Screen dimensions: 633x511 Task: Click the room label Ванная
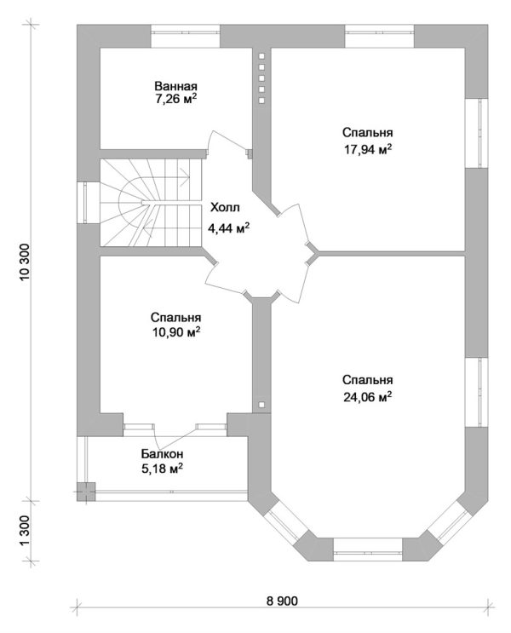pyautogui.click(x=176, y=86)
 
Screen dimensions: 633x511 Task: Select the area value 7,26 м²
pyautogui.click(x=176, y=100)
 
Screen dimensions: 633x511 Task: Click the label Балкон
pyautogui.click(x=162, y=454)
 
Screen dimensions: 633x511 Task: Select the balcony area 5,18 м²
pyautogui.click(x=162, y=468)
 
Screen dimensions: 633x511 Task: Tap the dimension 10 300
pyautogui.click(x=24, y=263)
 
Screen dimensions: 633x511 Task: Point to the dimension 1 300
pyautogui.click(x=24, y=532)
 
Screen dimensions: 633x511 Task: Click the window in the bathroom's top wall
pyautogui.click(x=186, y=37)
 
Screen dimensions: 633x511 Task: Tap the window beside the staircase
pyautogui.click(x=88, y=204)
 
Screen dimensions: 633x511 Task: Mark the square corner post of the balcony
pyautogui.click(x=86, y=490)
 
